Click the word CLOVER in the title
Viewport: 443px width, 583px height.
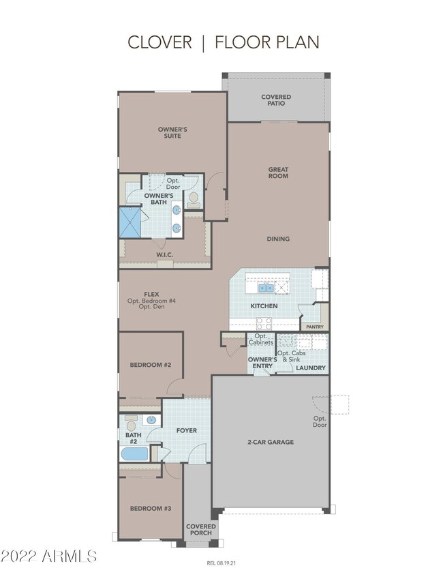159,42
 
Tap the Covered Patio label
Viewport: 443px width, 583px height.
276,100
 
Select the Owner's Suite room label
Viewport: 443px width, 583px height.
172,133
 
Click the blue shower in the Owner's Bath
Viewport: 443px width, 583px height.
130,222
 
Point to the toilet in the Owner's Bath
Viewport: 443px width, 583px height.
194,199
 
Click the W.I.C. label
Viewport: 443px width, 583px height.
165,255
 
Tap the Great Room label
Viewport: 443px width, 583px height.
278,173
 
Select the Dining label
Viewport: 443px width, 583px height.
278,239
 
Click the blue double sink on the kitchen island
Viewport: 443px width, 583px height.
266,288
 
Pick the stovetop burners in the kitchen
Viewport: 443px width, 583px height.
264,323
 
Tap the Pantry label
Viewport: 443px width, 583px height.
315,327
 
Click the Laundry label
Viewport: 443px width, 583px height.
311,368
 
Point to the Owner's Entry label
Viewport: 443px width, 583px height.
262,363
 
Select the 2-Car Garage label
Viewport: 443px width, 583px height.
271,442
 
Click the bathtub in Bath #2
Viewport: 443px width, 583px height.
134,453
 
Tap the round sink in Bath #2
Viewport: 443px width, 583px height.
151,420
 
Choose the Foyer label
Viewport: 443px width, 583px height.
187,430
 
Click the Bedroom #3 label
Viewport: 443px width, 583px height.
151,508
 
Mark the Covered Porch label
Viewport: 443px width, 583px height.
201,529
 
